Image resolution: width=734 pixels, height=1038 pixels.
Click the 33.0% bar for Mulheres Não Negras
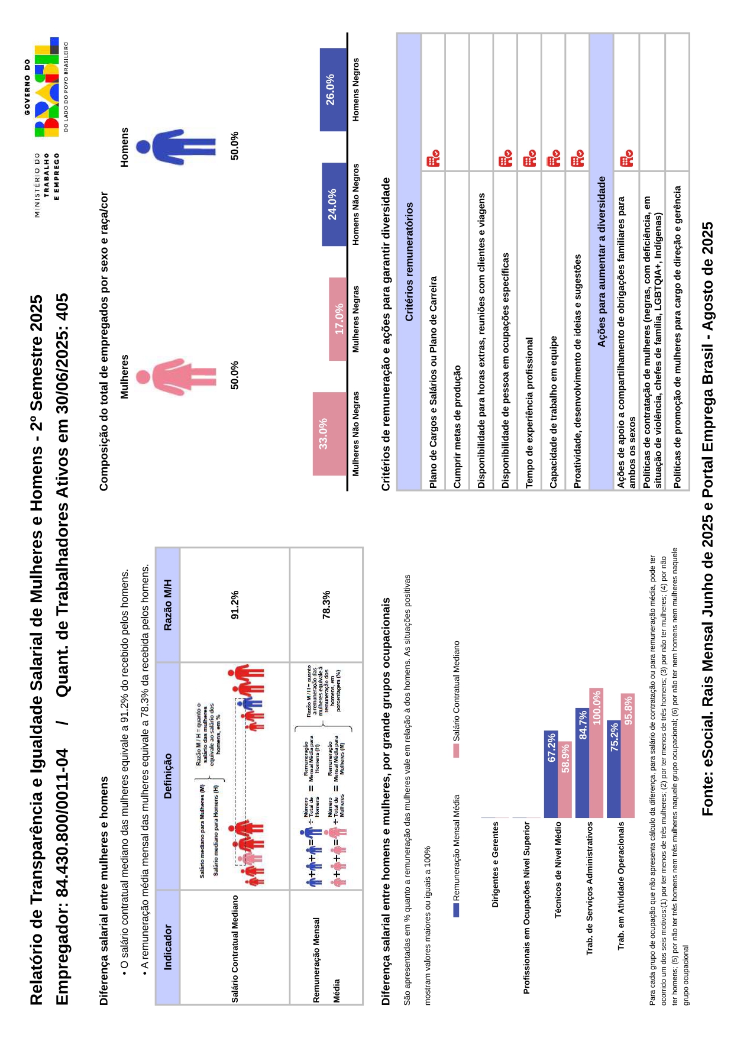pyautogui.click(x=329, y=434)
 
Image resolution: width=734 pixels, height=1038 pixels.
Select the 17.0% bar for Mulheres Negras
pyautogui.click(x=338, y=319)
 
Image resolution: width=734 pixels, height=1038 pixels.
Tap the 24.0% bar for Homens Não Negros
pyautogui.click(x=334, y=204)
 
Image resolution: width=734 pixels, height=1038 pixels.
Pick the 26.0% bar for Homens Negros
pyautogui.click(x=333, y=89)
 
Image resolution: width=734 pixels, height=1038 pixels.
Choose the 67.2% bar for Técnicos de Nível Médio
pyautogui.click(x=551, y=774)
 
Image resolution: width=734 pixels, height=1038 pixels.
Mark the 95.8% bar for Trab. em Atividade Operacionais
pyautogui.click(x=628, y=755)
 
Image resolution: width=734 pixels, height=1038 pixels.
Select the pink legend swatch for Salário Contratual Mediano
pyautogui.click(x=456, y=751)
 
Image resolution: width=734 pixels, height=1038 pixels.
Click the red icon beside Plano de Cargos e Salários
pyautogui.click(x=433, y=159)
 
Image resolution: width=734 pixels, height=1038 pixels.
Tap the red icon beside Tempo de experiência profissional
pyautogui.click(x=529, y=159)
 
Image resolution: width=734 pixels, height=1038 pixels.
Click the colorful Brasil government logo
pyautogui.click(x=47, y=89)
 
